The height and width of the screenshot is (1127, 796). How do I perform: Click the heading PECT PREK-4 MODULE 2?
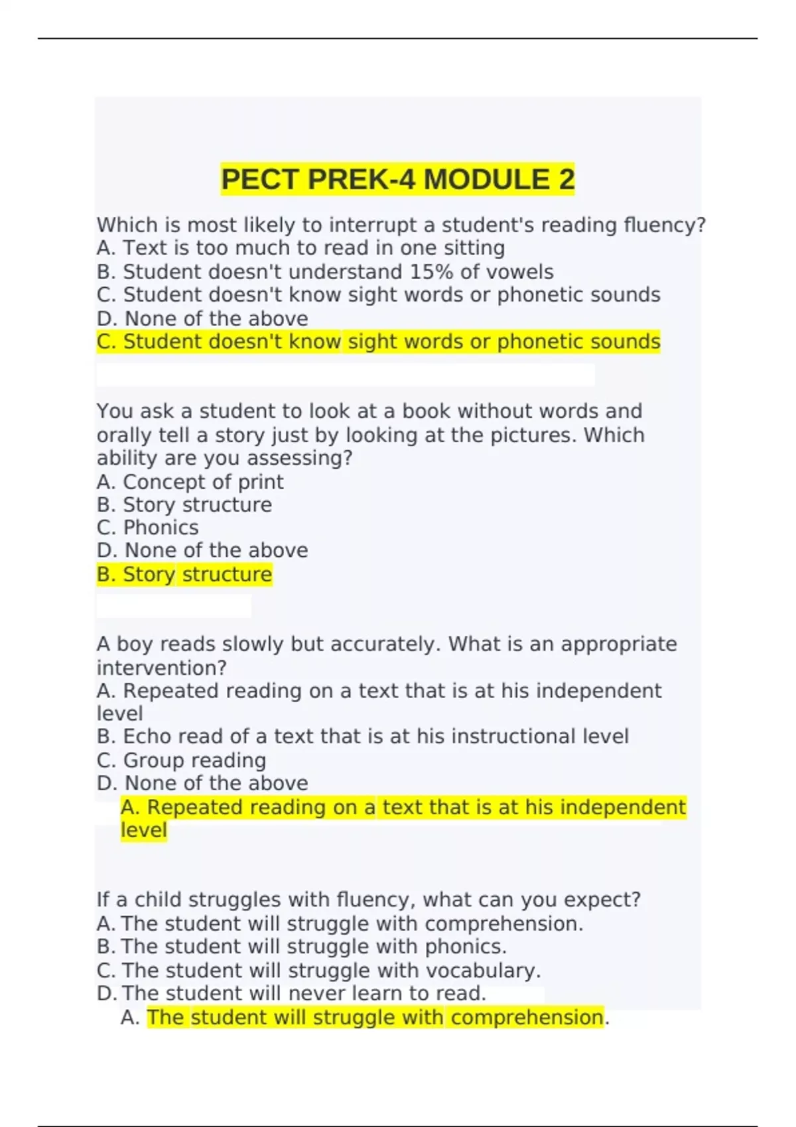coord(397,180)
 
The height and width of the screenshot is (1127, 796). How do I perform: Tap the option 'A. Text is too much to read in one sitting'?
coord(300,248)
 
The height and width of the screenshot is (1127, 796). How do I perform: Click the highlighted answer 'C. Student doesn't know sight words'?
coord(378,342)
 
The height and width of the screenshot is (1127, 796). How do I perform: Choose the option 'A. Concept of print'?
coord(190,482)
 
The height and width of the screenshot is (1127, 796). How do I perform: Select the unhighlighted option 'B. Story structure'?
coord(184,505)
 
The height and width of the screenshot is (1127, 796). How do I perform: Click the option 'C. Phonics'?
coord(148,528)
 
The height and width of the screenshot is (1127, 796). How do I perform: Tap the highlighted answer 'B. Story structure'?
coord(184,574)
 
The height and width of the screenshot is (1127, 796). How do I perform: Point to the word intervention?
coord(162,668)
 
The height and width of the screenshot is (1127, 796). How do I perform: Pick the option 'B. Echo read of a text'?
coord(362,737)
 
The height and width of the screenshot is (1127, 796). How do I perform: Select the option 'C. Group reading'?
coord(181,760)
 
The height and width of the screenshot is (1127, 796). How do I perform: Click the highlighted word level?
coord(144,830)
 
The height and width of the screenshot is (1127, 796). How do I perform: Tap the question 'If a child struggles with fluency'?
coord(368,900)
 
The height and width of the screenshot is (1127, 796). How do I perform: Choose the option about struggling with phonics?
coord(302,947)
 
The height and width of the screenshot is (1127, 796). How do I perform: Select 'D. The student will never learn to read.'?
coord(291,993)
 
